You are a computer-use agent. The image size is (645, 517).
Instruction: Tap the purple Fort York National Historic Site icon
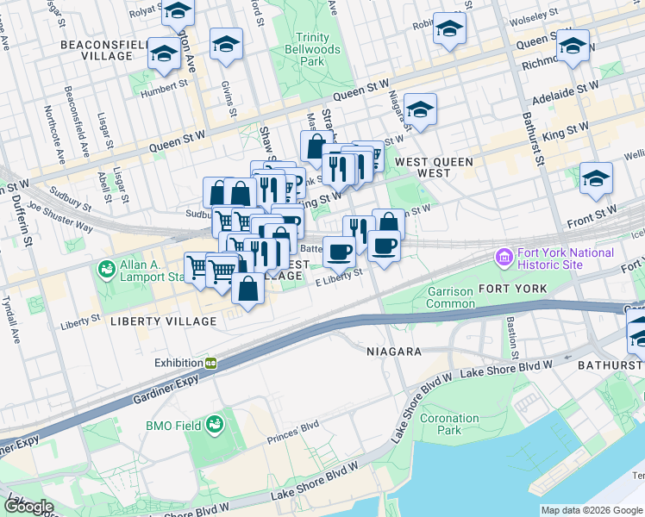coord(503,258)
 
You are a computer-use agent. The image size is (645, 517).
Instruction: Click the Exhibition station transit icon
coord(210,363)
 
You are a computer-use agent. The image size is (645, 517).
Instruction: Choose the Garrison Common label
coord(450,297)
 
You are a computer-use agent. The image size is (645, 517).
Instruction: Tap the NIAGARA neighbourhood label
coord(393,352)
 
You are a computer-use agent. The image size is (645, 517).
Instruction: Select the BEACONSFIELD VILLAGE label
coord(96,49)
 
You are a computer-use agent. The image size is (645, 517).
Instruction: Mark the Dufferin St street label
coord(28,227)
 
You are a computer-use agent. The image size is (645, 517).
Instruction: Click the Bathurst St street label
coord(533,138)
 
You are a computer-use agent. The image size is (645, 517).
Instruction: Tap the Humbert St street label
coord(166,86)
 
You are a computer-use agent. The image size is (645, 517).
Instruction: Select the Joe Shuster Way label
coord(59,215)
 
